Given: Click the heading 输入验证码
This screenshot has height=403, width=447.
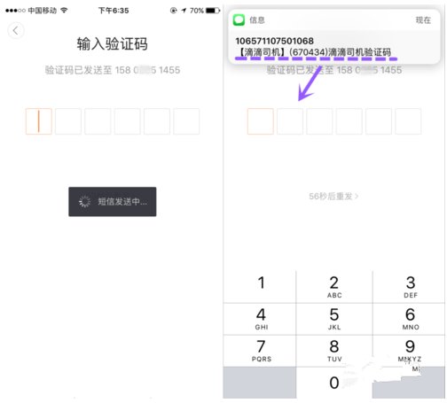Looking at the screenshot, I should pyautogui.click(x=112, y=44).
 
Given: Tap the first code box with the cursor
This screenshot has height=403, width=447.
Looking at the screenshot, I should pyautogui.click(x=38, y=121).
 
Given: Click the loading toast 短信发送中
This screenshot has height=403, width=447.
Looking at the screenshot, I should pyautogui.click(x=113, y=202).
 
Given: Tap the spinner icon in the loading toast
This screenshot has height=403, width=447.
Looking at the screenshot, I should pyautogui.click(x=85, y=202).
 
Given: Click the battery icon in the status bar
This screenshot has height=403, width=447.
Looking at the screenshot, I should pyautogui.click(x=211, y=9).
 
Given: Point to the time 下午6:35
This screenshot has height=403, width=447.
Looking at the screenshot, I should pyautogui.click(x=112, y=9).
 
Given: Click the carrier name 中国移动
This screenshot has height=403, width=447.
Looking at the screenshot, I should pyautogui.click(x=41, y=9).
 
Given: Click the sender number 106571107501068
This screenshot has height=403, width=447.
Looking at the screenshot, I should pyautogui.click(x=274, y=41).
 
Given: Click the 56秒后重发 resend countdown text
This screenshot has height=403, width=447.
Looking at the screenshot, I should pyautogui.click(x=334, y=196).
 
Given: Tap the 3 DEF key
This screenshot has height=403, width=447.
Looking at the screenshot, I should pyautogui.click(x=409, y=286).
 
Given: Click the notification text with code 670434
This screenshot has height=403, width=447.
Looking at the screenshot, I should pyautogui.click(x=314, y=53).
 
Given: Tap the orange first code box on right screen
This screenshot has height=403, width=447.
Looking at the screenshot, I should pyautogui.click(x=260, y=121).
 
